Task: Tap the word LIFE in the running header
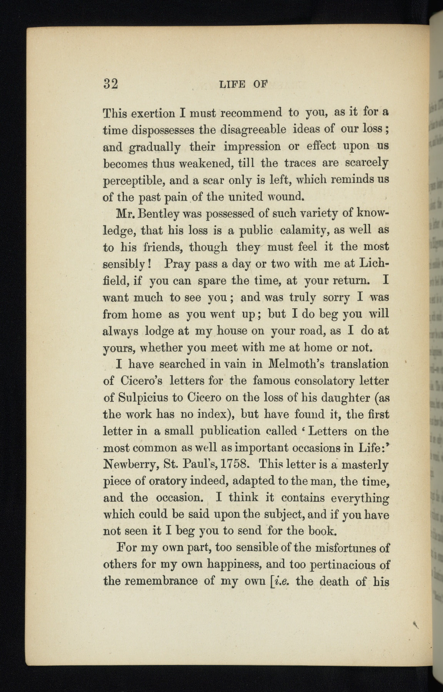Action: tap(232, 84)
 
